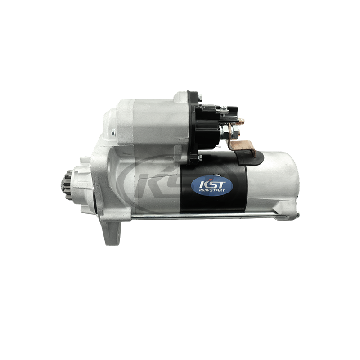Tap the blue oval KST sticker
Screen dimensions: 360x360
tap(212, 186)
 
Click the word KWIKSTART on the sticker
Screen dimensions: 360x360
tap(212, 190)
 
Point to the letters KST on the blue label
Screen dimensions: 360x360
tap(212, 184)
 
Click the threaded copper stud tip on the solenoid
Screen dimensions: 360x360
tap(241, 121)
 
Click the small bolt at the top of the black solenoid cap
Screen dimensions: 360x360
tap(200, 98)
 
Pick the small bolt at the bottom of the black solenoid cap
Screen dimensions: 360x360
tap(200, 158)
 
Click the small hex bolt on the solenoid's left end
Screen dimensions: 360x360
tap(113, 132)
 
